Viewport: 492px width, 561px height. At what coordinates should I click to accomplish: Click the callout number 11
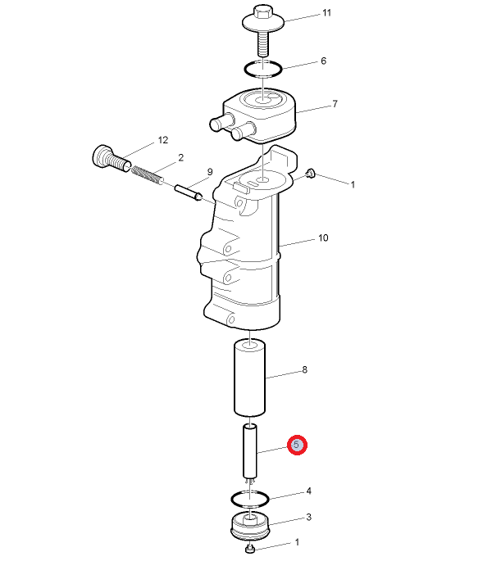[x=326, y=13]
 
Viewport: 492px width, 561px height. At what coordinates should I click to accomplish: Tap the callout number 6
[x=324, y=61]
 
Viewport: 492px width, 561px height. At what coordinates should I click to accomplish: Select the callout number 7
[x=335, y=104]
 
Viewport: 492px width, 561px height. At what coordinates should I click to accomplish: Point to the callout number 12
[x=163, y=140]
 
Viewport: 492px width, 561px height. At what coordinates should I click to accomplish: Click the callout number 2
[x=181, y=158]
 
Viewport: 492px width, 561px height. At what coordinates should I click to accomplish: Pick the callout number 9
[x=210, y=172]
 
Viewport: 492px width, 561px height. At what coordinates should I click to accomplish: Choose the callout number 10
[x=323, y=238]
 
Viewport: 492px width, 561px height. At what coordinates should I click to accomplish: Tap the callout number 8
[x=304, y=369]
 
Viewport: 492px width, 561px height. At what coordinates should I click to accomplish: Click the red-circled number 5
[x=297, y=445]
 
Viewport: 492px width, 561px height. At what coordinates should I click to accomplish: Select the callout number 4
[x=308, y=491]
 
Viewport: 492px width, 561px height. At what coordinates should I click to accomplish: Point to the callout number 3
[x=308, y=518]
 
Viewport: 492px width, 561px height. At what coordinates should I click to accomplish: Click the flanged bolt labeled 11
[x=263, y=30]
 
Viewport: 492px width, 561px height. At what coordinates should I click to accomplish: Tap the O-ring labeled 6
[x=263, y=69]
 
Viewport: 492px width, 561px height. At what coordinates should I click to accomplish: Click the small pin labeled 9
[x=189, y=192]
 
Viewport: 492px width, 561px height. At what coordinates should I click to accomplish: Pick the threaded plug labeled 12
[x=112, y=159]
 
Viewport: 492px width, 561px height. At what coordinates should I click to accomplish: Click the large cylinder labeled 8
[x=250, y=378]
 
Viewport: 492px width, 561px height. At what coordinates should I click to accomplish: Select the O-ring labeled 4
[x=249, y=499]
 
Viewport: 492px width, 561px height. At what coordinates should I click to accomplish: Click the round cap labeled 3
[x=250, y=526]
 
